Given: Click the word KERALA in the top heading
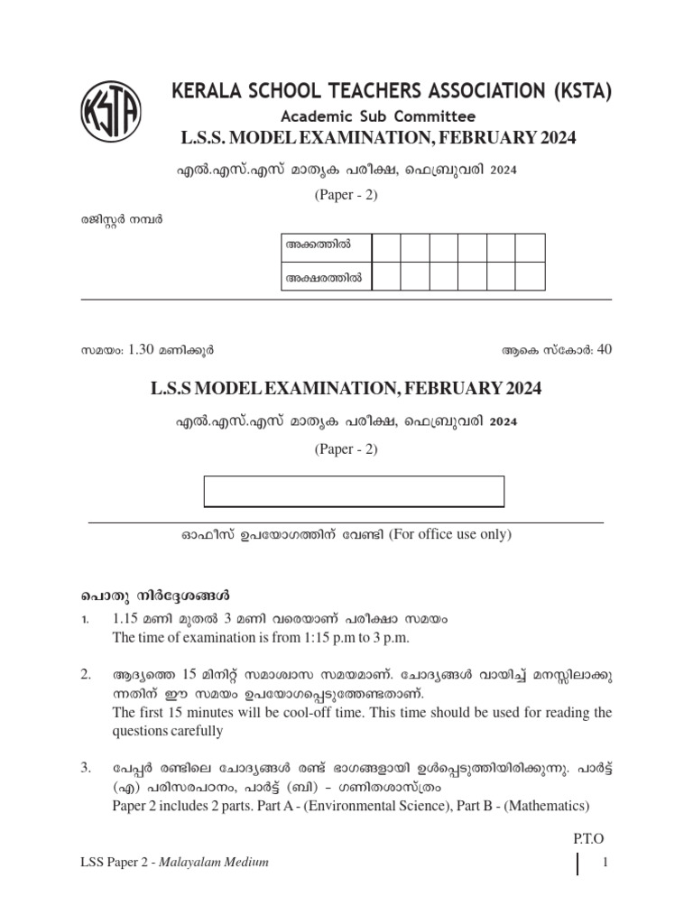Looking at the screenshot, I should (208, 92).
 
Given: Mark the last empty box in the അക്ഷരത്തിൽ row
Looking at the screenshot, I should (530, 277).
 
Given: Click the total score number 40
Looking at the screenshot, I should (605, 349).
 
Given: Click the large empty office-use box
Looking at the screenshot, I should (354, 492).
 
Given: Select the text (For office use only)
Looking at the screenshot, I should (450, 534).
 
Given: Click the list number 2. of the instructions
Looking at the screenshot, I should (86, 674).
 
